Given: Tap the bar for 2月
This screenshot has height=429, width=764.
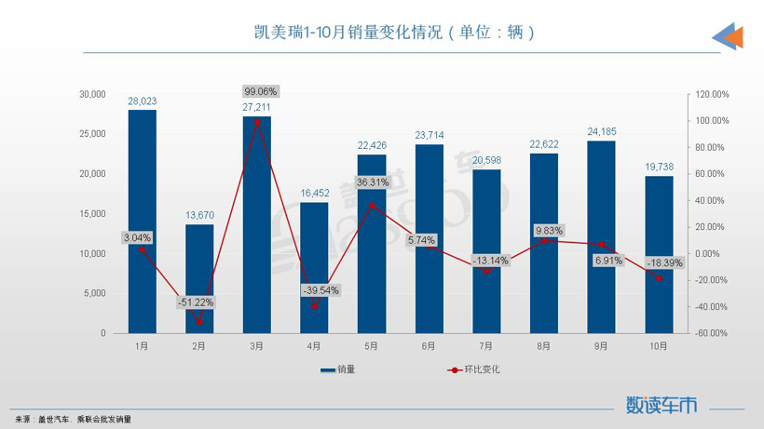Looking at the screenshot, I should click(199, 278).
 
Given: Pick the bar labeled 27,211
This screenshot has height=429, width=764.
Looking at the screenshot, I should click(257, 224).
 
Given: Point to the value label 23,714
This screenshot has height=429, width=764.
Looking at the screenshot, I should click(429, 135).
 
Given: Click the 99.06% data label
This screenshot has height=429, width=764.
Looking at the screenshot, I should click(261, 92).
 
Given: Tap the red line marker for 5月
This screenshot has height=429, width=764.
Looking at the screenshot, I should click(372, 206).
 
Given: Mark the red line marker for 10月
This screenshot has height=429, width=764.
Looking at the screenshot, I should click(659, 278).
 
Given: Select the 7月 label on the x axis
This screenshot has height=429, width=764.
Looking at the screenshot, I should click(486, 345).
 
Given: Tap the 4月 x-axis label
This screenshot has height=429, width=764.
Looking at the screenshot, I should click(314, 345).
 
